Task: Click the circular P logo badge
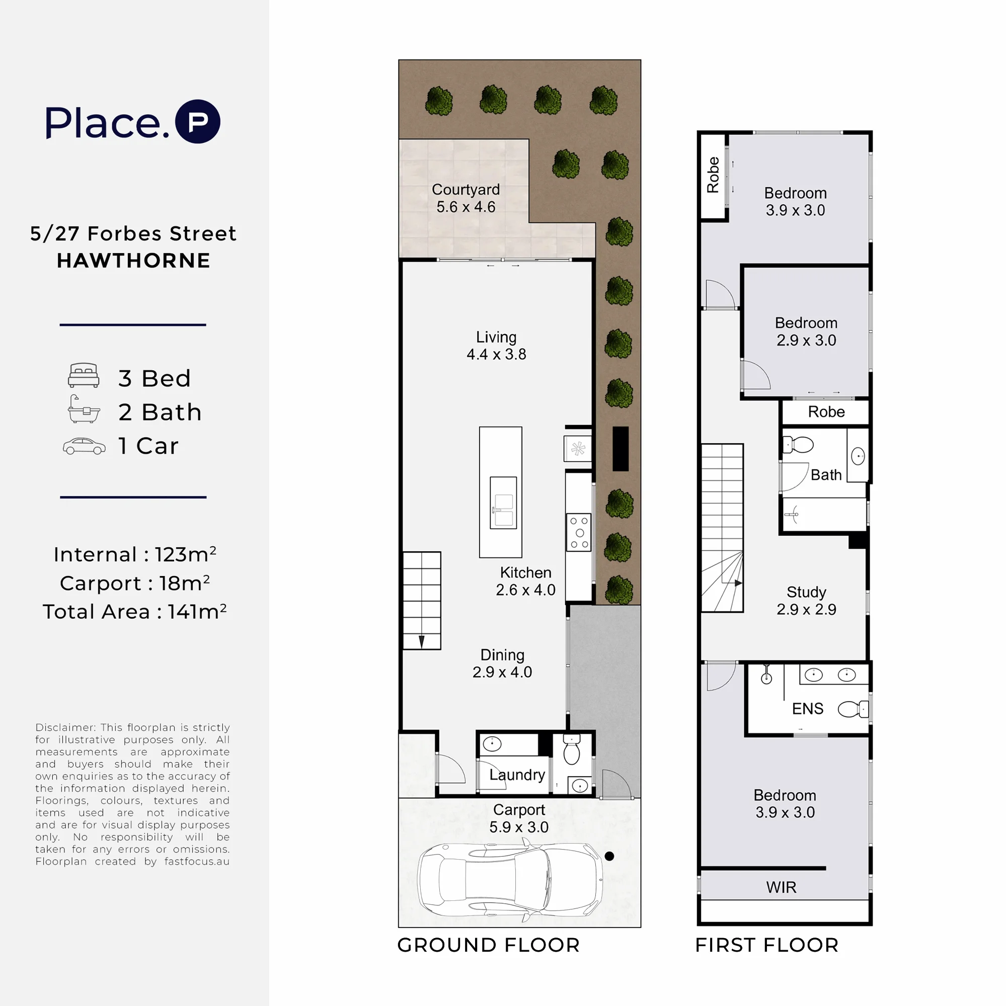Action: [x=197, y=121]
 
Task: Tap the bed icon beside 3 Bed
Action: [x=84, y=375]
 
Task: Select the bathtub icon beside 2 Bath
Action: [x=84, y=409]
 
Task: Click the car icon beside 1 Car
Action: [x=84, y=446]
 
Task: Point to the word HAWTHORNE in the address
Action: [x=133, y=261]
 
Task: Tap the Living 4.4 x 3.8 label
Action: [x=497, y=345]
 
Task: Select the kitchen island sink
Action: [x=503, y=502]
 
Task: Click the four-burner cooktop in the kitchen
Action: [x=579, y=532]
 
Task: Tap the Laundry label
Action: [x=517, y=775]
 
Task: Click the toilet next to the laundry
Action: [x=572, y=750]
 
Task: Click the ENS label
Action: [x=808, y=709]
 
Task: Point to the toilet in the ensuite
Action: [x=854, y=709]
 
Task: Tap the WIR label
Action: [x=782, y=887]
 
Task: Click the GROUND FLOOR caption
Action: [x=489, y=945]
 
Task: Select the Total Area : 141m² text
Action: [x=134, y=611]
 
